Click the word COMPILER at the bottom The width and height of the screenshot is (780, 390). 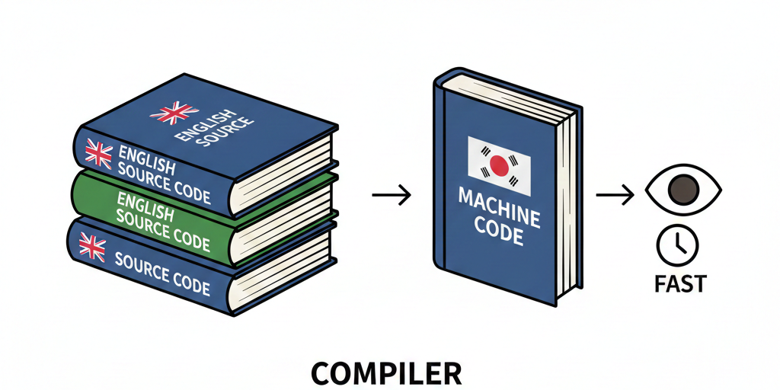tap(386, 373)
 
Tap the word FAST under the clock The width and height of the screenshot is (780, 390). tap(680, 284)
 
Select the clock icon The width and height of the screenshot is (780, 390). tap(676, 244)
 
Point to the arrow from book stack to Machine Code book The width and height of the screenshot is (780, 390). tap(391, 196)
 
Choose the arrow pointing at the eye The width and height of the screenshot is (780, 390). tap(615, 196)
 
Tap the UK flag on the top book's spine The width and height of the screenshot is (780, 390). tap(98, 153)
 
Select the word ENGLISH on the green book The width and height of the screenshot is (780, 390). tap(145, 203)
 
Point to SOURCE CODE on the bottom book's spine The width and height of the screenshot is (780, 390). tap(161, 272)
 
